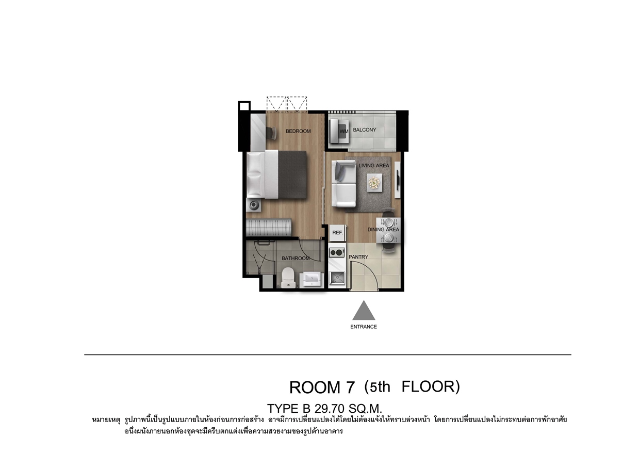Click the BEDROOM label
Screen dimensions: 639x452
(x=298, y=131)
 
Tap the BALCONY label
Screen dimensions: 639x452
(x=365, y=130)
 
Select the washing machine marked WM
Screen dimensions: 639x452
(x=339, y=131)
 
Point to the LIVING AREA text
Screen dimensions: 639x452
(x=374, y=166)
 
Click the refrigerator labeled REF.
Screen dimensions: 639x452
(x=338, y=233)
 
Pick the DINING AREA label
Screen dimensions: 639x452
(x=383, y=230)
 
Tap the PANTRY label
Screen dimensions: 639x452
(x=358, y=257)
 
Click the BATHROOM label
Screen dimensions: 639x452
(x=296, y=258)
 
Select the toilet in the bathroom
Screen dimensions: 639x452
(x=288, y=278)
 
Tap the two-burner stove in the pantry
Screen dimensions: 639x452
(x=337, y=252)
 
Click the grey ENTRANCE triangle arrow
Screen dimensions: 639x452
(x=364, y=310)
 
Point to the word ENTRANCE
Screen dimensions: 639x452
(x=364, y=327)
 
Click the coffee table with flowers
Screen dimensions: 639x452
(x=374, y=183)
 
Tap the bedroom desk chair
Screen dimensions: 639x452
(x=272, y=133)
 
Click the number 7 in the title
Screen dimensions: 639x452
(x=350, y=388)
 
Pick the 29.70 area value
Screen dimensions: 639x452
(x=330, y=409)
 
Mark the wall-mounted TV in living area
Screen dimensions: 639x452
(x=398, y=180)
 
